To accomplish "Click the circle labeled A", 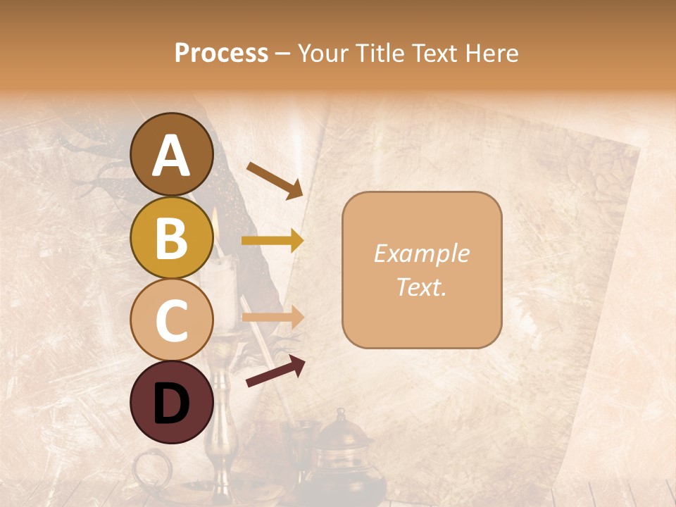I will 172,155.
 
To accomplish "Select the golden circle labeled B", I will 172,238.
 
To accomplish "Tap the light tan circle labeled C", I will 172,320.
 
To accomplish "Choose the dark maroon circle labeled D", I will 172,402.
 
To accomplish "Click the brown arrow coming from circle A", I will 275,180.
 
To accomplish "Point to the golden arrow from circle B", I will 273,241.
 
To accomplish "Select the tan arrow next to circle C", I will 273,318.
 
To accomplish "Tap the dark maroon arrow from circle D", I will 275,371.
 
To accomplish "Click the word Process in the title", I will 221,54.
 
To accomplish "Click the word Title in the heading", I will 380,54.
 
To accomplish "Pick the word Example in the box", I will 421,254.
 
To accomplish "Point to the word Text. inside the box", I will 421,287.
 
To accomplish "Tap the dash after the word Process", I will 282,54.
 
